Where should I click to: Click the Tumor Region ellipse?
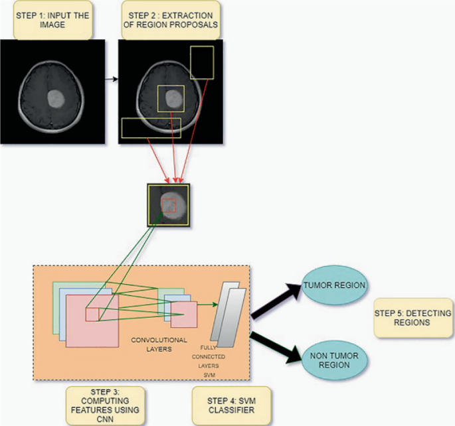tap(336, 285)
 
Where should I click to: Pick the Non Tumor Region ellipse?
tap(334, 361)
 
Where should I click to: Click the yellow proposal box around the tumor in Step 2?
tap(171, 99)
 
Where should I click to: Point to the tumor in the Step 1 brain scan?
tap(57, 100)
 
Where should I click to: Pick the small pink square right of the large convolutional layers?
tap(184, 315)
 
